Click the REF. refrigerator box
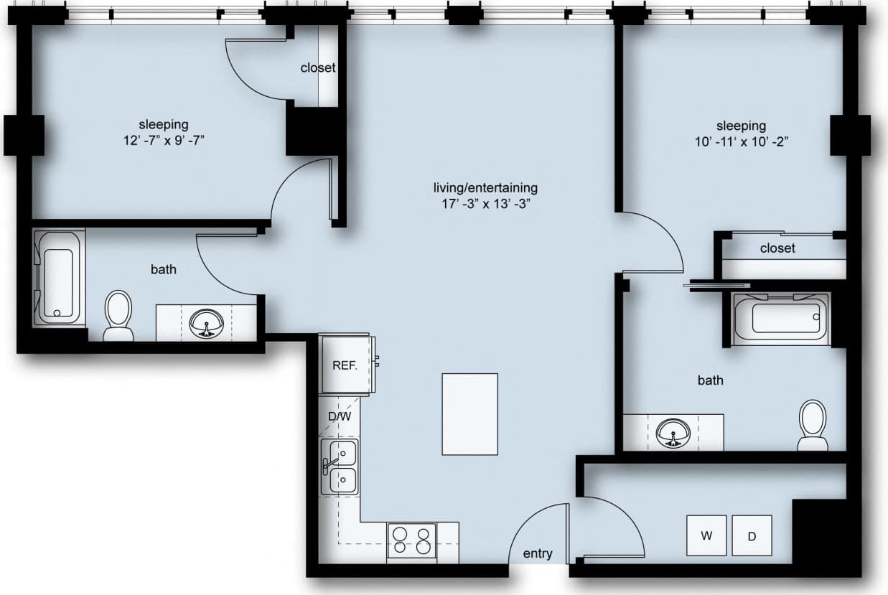click(x=345, y=365)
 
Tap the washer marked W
click(x=706, y=535)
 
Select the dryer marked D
click(x=752, y=535)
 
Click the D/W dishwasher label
click(x=340, y=416)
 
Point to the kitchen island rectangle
click(x=469, y=414)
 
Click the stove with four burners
click(x=412, y=540)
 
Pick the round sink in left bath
click(x=207, y=324)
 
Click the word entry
click(x=538, y=553)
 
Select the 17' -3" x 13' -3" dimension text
click(x=485, y=203)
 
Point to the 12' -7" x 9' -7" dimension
click(x=164, y=140)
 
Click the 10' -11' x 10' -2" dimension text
click(x=741, y=141)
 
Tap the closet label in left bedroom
click(x=318, y=68)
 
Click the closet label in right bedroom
click(x=777, y=248)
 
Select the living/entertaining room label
click(x=485, y=188)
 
